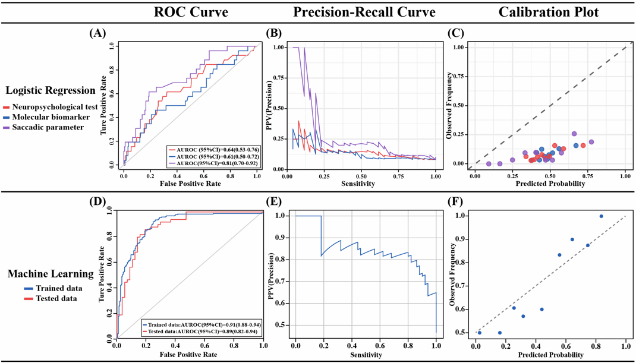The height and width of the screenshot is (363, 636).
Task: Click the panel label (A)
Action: click(x=97, y=33)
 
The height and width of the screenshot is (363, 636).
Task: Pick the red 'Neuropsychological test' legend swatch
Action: click(x=6, y=108)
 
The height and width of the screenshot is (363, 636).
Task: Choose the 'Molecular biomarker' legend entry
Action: click(x=47, y=117)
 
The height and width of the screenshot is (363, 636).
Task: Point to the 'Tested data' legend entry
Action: click(x=51, y=298)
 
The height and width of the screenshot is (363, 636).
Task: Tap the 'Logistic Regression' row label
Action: click(x=51, y=91)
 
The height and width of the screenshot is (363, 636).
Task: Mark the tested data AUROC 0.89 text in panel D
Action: click(x=203, y=331)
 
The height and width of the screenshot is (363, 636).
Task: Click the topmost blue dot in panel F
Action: click(x=601, y=216)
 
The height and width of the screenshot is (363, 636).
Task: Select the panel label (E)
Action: click(x=277, y=202)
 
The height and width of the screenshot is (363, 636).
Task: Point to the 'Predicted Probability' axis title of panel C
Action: click(x=550, y=184)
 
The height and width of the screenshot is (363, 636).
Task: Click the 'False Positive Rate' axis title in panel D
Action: click(x=190, y=354)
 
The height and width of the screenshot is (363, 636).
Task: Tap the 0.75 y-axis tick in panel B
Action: click(x=278, y=77)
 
